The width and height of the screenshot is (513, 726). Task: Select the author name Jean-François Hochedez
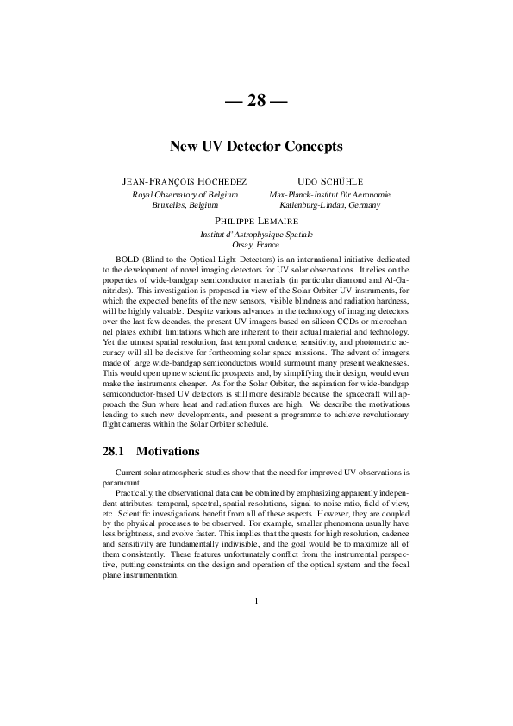(185, 182)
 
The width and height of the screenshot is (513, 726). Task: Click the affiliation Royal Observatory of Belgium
(185, 195)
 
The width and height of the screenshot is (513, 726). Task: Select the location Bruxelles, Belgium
(185, 205)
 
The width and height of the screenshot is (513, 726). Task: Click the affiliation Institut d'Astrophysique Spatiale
(256, 235)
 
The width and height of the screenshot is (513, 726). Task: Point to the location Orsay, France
(256, 245)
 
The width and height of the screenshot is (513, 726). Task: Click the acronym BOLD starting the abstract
(127, 260)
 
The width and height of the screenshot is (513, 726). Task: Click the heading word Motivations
(168, 451)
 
